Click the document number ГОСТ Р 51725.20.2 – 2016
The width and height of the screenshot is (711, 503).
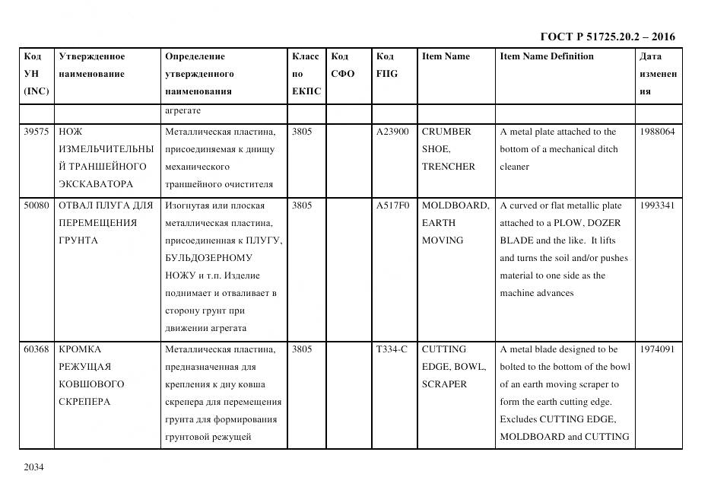607,37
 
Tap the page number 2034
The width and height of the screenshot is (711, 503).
34,466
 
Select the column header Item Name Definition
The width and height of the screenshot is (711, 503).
547,56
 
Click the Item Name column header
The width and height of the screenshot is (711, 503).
446,56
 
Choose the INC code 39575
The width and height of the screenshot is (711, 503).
37,132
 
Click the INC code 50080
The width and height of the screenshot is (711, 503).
37,205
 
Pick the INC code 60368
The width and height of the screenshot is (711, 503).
37,349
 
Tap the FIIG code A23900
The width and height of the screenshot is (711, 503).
392,132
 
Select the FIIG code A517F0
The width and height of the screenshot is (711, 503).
392,205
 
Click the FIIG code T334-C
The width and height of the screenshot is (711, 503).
392,349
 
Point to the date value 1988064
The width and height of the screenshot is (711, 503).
657,132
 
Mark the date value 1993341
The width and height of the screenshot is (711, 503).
657,205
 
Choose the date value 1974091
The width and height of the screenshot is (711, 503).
657,349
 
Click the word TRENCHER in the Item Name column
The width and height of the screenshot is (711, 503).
448,167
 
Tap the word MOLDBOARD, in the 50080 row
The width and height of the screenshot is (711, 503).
455,205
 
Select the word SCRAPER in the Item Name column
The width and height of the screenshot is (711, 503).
444,384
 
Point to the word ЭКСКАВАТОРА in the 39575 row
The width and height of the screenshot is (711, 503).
96,184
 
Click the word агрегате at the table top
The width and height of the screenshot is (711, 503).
183,111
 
